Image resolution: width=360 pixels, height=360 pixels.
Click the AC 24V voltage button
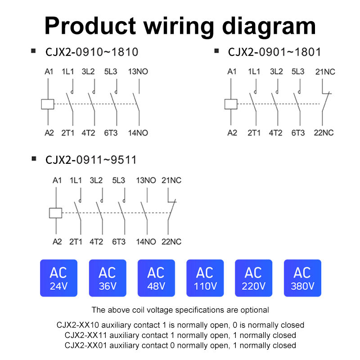tap(59, 278)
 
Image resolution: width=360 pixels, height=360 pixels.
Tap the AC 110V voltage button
tap(205, 278)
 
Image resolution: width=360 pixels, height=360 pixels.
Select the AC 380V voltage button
tap(302, 278)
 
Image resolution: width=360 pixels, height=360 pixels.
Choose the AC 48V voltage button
tap(156, 278)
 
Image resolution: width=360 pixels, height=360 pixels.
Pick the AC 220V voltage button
tap(253, 278)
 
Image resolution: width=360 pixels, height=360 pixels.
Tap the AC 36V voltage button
tap(108, 278)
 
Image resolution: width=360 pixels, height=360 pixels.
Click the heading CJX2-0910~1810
tap(91, 52)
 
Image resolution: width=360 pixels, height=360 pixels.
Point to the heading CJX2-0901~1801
tap(274, 52)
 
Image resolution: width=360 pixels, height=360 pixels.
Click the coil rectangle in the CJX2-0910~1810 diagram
tap(48, 104)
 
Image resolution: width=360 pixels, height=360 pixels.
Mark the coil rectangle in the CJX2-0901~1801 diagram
tap(231, 104)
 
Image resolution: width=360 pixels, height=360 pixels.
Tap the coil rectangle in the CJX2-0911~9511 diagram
tap(55, 213)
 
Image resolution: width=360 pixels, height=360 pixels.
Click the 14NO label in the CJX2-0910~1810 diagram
tap(139, 133)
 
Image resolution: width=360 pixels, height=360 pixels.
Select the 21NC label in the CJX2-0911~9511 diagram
tap(171, 180)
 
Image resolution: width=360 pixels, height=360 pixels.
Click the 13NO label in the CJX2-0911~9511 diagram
tap(146, 180)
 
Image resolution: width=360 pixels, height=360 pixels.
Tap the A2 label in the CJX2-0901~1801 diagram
tap(232, 133)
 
